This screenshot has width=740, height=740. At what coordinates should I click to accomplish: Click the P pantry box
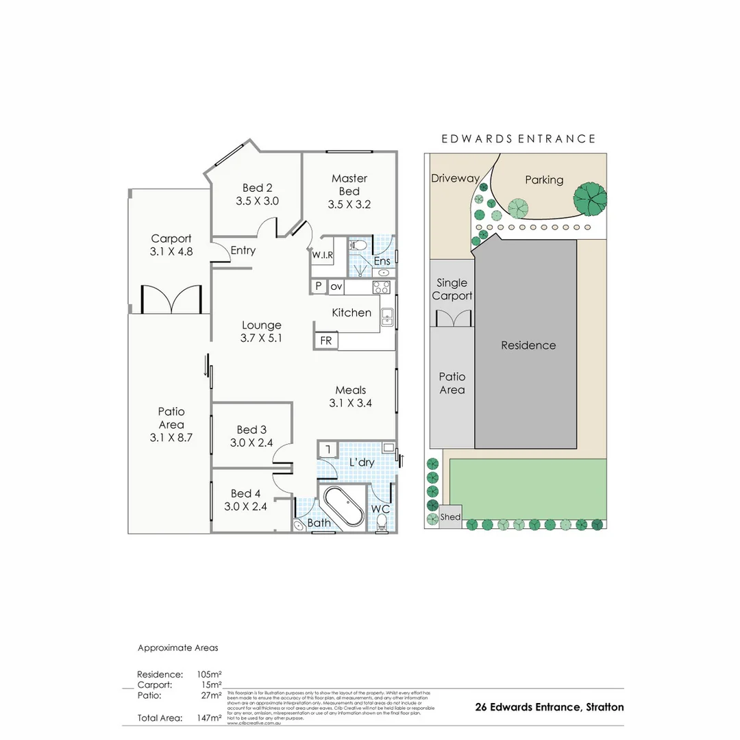pos(319,286)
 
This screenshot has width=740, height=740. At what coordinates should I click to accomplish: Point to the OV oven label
pos(336,286)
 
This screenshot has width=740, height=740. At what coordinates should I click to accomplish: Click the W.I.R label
pos(323,256)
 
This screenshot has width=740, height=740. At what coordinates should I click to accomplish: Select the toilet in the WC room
pos(382,523)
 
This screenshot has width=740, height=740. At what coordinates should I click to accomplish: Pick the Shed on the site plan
pos(451,517)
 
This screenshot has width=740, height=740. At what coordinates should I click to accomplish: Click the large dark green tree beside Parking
pos(590,199)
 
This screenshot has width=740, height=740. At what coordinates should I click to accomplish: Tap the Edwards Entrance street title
pos(518,138)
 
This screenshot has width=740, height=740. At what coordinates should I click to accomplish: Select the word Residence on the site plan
pos(528,345)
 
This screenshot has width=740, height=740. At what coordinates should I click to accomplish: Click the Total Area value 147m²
pos(209,717)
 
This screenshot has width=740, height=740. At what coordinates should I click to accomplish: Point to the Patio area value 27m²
pos(209,695)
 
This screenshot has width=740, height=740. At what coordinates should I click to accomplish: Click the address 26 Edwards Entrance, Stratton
pos(549,707)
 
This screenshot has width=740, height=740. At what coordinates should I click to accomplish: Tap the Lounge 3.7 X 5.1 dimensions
pos(261,338)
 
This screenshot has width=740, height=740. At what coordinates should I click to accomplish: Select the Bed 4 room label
pos(245,493)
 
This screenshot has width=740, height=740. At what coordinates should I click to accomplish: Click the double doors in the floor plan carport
pos(172,299)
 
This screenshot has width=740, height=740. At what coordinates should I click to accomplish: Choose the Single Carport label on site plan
pos(452,289)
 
